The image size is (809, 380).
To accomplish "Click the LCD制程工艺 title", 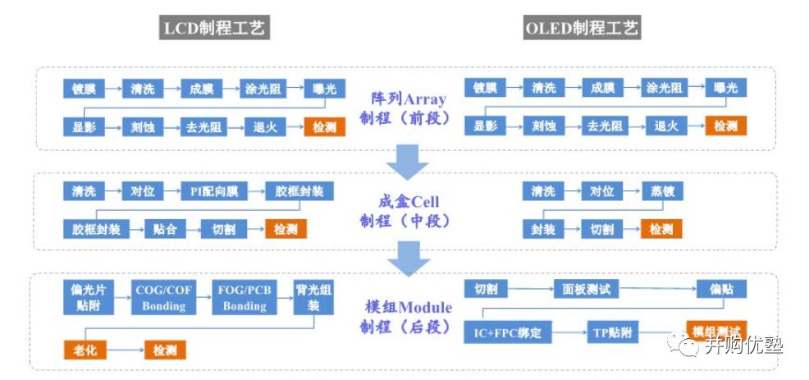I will [215, 30].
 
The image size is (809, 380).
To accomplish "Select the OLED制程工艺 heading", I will [583, 30].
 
